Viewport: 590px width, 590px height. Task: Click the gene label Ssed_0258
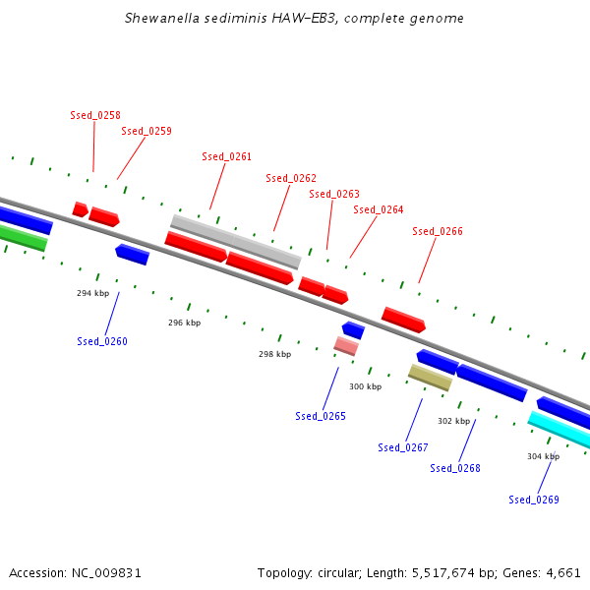coord(95,115)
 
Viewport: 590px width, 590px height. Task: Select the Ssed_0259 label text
coord(147,131)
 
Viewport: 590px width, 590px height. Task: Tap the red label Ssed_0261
coord(227,156)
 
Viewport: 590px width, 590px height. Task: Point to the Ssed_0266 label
coord(438,231)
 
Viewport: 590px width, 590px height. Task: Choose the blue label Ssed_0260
coord(102,341)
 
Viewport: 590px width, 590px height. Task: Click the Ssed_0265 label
coord(321,416)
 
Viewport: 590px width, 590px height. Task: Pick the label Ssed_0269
coord(534,500)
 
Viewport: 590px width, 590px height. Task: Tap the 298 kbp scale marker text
coord(275,354)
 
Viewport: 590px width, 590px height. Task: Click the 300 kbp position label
coord(365,386)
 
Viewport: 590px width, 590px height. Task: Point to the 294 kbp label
coord(93,293)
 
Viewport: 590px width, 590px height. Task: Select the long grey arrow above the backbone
coord(236,241)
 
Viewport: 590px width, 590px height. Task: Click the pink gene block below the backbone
coord(346,345)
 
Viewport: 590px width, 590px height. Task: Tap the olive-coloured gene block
coord(430,377)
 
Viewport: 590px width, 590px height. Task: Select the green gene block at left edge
coord(22,237)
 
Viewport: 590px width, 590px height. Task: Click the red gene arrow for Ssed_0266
coord(403,319)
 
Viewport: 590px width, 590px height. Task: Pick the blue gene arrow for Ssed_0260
coord(132,255)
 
